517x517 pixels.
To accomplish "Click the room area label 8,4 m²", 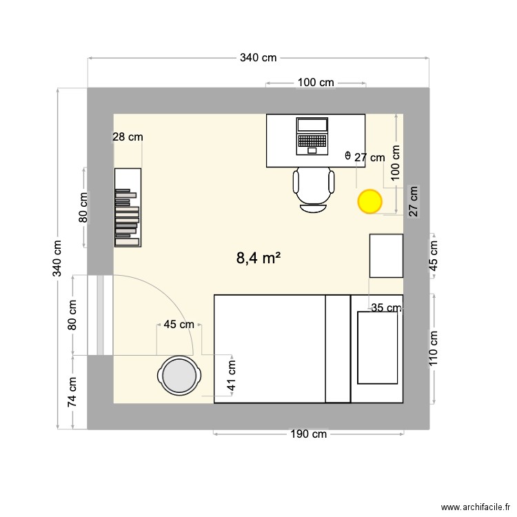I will click(x=258, y=258).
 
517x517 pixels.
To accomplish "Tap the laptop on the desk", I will click(x=312, y=136).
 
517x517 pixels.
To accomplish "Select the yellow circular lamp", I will click(x=369, y=201).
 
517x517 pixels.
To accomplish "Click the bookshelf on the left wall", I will click(x=128, y=207).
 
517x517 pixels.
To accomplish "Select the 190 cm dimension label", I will click(x=308, y=434).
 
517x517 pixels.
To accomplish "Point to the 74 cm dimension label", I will click(x=72, y=393).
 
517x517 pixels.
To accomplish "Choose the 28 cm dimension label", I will click(x=128, y=137).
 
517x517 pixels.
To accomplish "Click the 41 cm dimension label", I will click(x=232, y=375).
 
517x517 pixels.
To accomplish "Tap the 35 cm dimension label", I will click(x=386, y=308).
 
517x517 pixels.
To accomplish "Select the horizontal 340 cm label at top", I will click(x=258, y=58).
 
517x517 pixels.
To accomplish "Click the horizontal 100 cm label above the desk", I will click(x=316, y=83).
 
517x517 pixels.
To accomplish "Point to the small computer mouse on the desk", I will click(x=347, y=156).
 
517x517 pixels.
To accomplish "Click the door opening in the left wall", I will click(x=101, y=315).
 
